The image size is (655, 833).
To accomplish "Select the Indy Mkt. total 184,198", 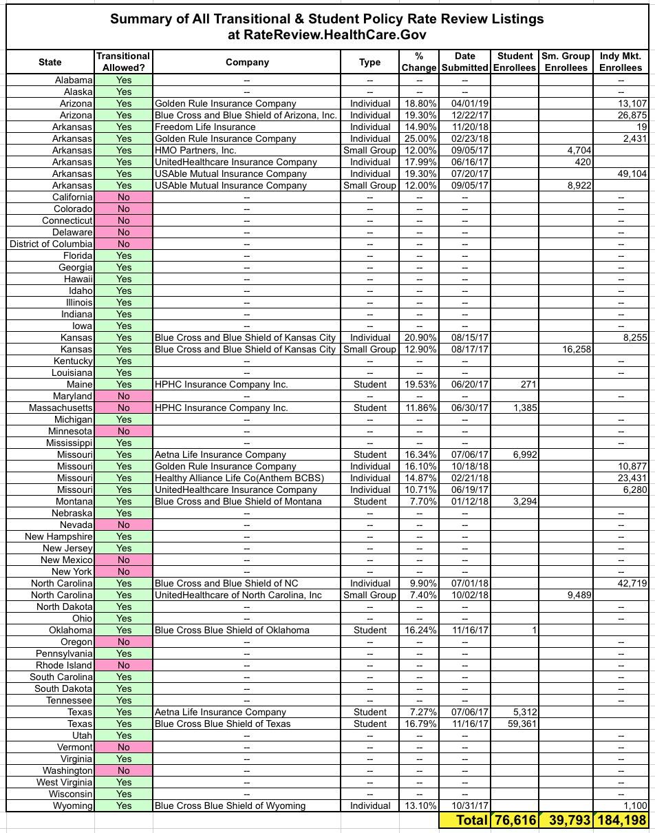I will point(622,821).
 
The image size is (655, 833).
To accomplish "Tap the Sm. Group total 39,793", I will point(568,821).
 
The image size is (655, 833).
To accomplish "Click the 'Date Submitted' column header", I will point(464,62).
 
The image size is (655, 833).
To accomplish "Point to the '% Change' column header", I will point(419,62).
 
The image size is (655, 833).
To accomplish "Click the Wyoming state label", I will point(74,805).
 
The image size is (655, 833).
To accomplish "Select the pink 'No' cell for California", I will point(124,197).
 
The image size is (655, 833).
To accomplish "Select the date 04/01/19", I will point(464,103).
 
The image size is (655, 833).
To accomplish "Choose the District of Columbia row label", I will point(51,244).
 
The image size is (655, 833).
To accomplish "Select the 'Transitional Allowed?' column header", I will point(124,62).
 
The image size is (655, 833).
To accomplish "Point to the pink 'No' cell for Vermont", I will point(124,747).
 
